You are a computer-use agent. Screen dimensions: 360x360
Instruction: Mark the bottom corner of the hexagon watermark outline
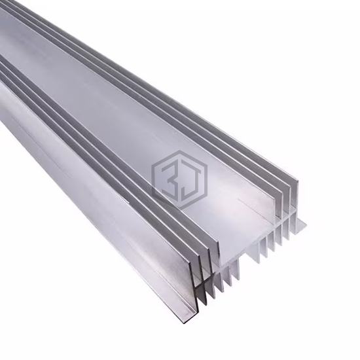[179, 208]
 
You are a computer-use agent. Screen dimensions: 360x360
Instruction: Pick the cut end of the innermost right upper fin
[279, 207]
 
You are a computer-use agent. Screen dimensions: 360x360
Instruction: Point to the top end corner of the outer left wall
[190, 262]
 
